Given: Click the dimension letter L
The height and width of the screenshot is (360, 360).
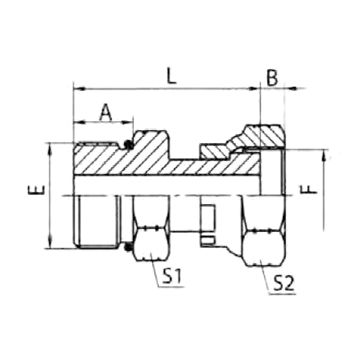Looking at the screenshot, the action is click(171, 76).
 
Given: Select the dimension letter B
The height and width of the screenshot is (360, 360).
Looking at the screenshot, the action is click(272, 77).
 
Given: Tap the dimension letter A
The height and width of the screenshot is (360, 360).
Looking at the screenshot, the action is click(105, 112).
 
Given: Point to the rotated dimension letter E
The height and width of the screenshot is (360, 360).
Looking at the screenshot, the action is click(36, 190).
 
